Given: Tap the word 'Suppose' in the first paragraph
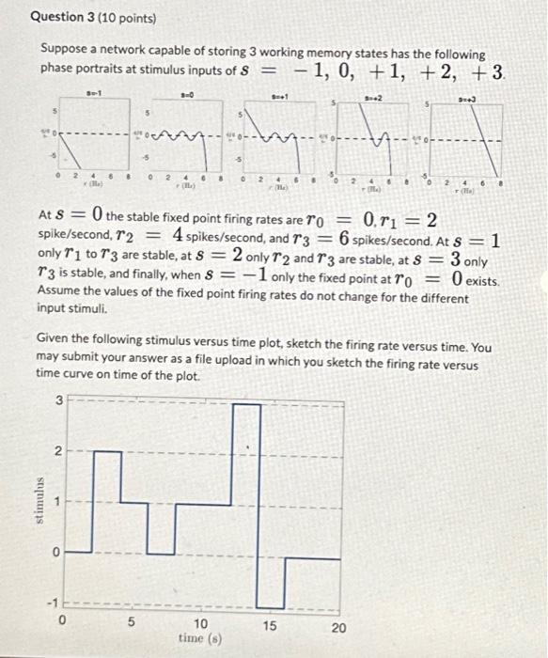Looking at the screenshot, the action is click(x=64, y=55).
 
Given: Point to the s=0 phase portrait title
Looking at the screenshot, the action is click(x=186, y=93).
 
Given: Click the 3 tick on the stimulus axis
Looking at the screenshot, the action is click(x=58, y=401).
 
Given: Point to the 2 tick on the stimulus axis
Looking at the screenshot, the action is click(x=58, y=452).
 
